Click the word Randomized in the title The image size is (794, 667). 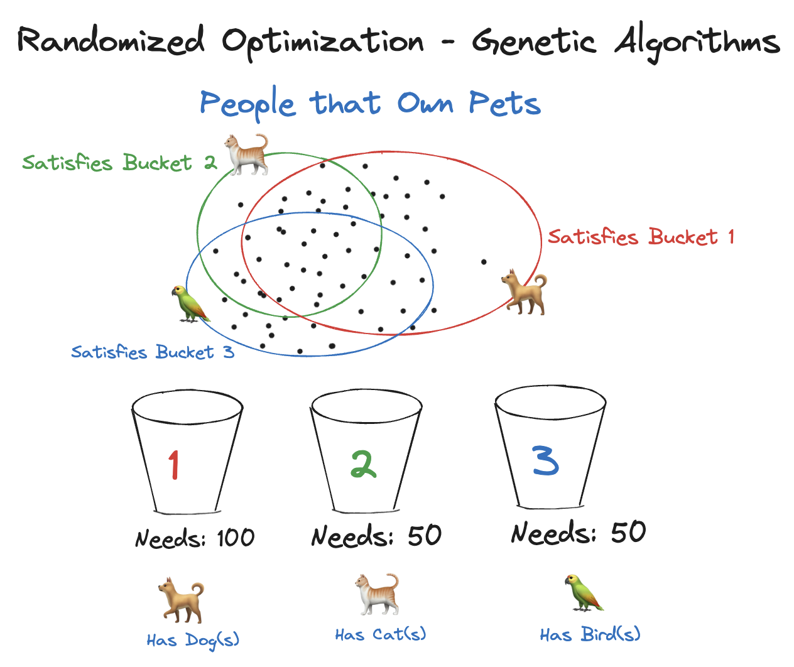(111, 41)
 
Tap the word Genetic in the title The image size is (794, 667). (533, 42)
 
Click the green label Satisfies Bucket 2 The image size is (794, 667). (119, 163)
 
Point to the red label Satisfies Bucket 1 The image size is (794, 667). (641, 237)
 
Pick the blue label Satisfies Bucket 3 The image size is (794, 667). (153, 352)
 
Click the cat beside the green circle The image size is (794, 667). (247, 154)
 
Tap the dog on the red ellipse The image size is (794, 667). (525, 291)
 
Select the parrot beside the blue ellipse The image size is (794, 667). (189, 304)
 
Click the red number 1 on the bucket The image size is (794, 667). (174, 465)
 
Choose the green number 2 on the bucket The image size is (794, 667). (363, 465)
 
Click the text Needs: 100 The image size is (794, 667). (195, 538)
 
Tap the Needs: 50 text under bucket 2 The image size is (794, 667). (376, 536)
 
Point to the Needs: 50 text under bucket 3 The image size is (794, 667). (578, 533)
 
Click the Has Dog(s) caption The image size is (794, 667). (193, 640)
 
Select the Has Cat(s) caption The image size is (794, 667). (380, 634)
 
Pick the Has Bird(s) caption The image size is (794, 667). (590, 634)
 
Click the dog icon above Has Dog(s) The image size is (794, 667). (181, 601)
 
